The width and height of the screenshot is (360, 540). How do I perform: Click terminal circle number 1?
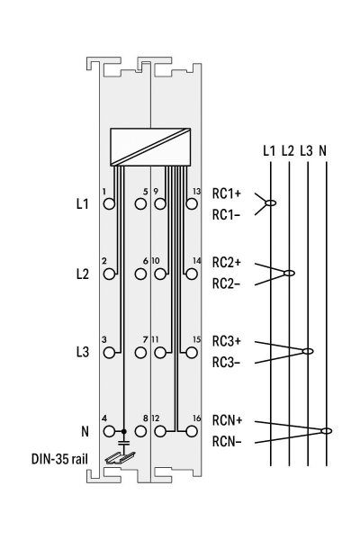[x=109, y=204]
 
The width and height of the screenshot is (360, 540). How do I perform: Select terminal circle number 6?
[x=140, y=274]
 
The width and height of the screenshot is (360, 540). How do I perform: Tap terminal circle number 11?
[x=160, y=353]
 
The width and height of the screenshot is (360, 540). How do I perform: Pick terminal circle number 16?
[x=192, y=431]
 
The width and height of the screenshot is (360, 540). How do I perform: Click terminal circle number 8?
[x=140, y=431]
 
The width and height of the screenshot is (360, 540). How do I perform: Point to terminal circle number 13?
[x=192, y=204]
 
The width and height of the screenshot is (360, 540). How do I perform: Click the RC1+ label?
[x=227, y=193]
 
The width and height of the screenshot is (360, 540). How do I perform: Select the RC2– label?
[x=226, y=284]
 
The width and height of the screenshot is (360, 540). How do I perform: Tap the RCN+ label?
[x=228, y=420]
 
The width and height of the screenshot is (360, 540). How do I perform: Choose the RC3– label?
[x=226, y=363]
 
